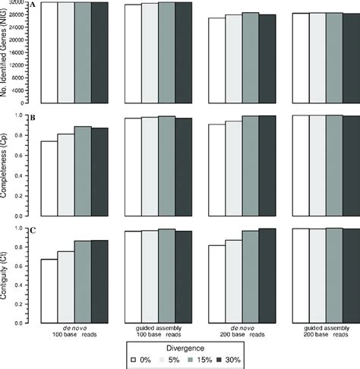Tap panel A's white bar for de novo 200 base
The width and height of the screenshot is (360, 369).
pyautogui.click(x=216, y=61)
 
